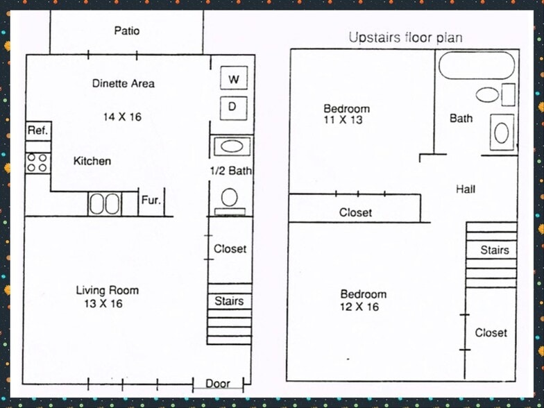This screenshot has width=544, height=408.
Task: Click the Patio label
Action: coord(127,31)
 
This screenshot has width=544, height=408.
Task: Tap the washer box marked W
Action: coord(234,78)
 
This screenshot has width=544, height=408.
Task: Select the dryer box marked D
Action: coord(233,108)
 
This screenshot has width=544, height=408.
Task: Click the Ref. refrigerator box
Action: coord(39,131)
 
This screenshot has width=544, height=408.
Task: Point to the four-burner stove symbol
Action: coord(38,162)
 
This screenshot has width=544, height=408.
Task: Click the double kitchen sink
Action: coord(104,204)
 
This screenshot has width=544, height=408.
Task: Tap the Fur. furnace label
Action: coord(151,200)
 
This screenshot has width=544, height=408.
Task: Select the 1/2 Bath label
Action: coord(230,171)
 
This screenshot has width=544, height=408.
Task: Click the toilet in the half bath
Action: coord(230,201)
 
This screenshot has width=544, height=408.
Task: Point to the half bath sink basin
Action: coord(232,146)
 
